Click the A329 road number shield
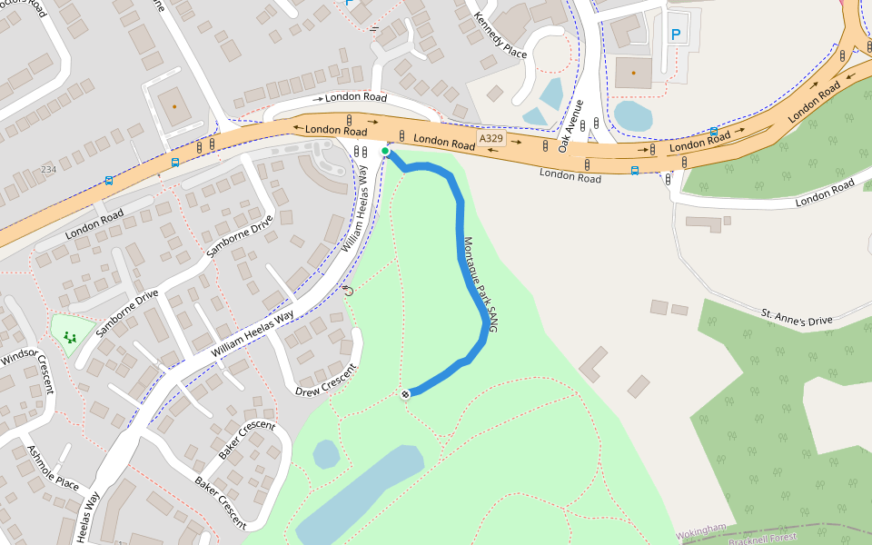coord(490,138)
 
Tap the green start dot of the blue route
coord(385,152)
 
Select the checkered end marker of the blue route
coord(405,393)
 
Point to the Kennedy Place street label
coord(501,35)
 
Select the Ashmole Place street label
coord(54,469)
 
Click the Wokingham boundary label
coord(701,529)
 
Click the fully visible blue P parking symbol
coord(675,35)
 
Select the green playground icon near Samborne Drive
coord(70,338)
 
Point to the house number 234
coord(48,170)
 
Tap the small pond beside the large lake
coord(326,453)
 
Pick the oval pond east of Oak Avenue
coord(633,115)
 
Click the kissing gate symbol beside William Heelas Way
coord(347,292)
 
